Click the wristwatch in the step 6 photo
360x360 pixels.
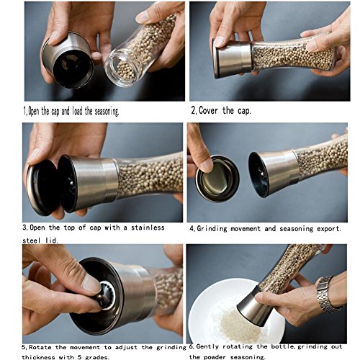point(327,294)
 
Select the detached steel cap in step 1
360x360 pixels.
point(68,60)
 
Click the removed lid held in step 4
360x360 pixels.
point(217,178)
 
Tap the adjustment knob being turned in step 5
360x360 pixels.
point(106,295)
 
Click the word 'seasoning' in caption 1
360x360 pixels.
point(107,112)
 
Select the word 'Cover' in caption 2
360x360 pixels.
point(208,111)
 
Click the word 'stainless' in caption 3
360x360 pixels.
point(148,228)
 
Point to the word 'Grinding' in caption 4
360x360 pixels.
point(212,229)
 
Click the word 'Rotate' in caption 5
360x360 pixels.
point(40,347)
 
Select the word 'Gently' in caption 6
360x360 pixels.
point(207,347)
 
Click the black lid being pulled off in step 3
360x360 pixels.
point(43,188)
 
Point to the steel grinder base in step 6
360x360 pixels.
point(254,307)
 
